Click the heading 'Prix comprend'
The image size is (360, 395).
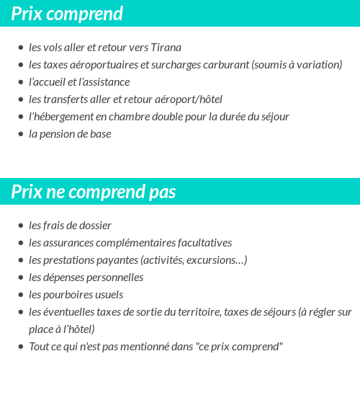(67, 14)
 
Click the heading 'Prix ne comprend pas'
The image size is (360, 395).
(93, 192)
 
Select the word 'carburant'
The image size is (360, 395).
(224, 65)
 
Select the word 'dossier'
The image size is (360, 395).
(94, 226)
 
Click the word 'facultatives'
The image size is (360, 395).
(201, 243)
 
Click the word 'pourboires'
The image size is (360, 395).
(70, 295)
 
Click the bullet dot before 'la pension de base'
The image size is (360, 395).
(21, 134)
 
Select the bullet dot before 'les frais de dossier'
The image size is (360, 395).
(21, 226)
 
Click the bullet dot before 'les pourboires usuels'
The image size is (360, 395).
(21, 295)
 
